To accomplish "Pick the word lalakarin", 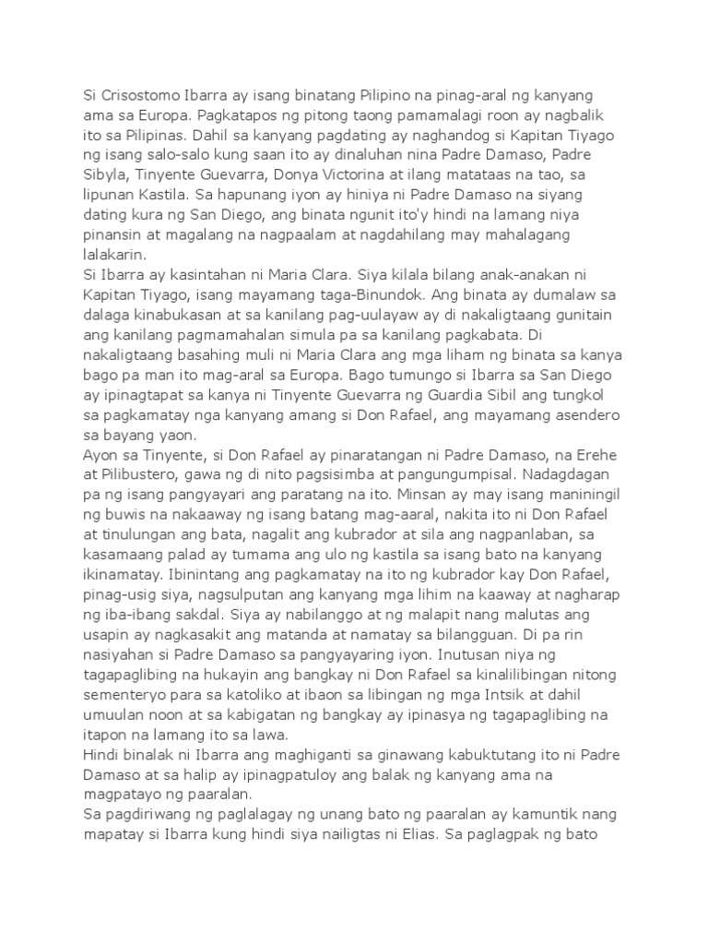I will click(x=113, y=255).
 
